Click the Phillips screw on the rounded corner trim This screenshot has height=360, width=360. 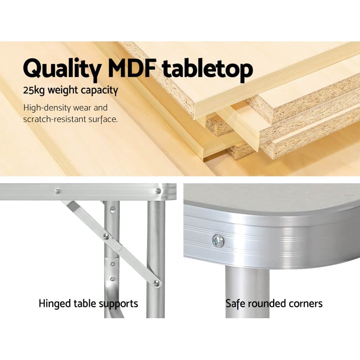pyautogui.click(x=218, y=241)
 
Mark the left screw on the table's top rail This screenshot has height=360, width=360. pyautogui.click(x=57, y=191)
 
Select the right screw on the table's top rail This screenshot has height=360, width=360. pyautogui.click(x=158, y=191)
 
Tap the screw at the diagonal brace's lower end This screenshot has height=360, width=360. pyautogui.click(x=156, y=283)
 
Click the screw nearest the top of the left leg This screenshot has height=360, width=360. pyautogui.click(x=113, y=208)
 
